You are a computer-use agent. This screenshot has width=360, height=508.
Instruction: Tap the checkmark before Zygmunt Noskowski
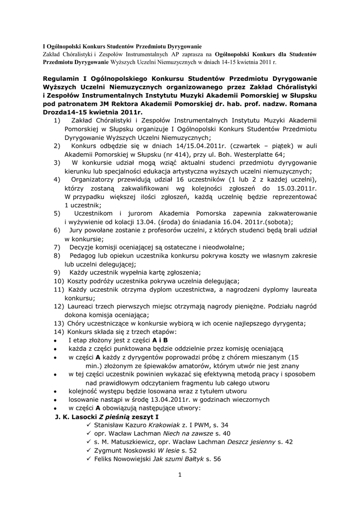pyautogui.click(x=89, y=450)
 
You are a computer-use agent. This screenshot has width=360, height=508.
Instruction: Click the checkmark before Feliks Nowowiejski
pyautogui.click(x=89, y=459)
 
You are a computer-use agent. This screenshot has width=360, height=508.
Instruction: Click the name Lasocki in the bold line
pyautogui.click(x=84, y=417)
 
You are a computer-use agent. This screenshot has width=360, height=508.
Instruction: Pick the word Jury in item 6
pyautogui.click(x=76, y=230)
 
